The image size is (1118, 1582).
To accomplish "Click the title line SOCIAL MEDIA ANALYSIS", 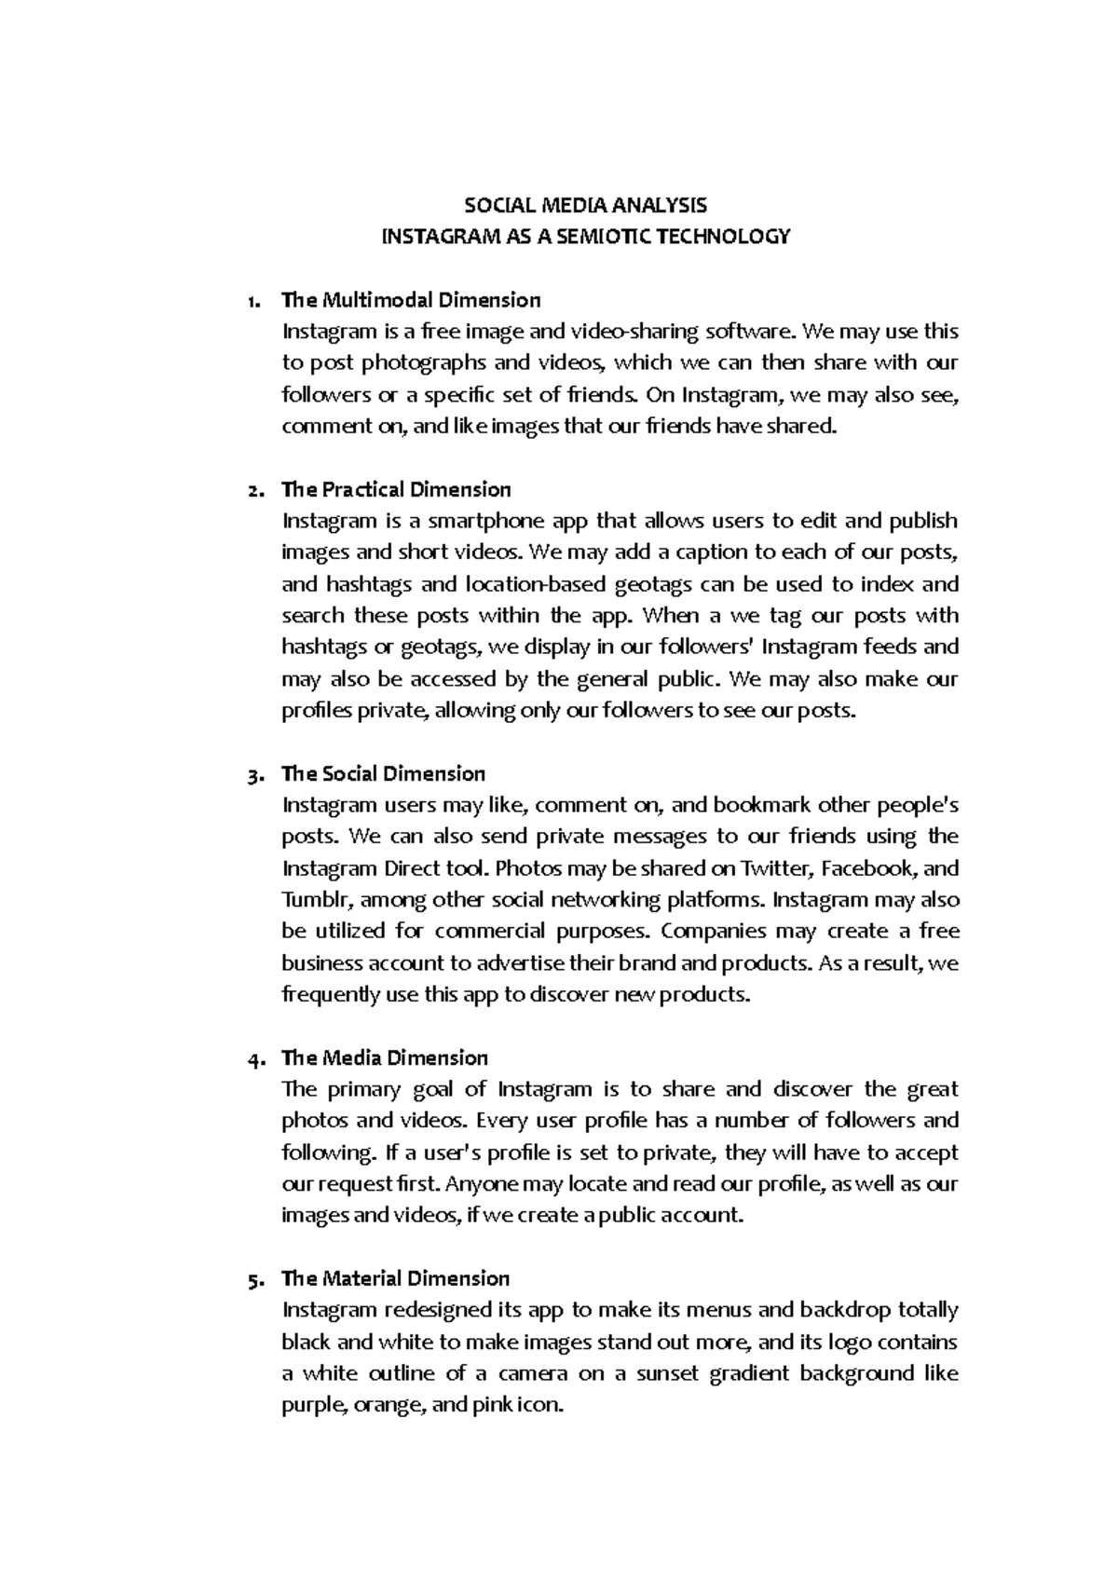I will pos(586,205).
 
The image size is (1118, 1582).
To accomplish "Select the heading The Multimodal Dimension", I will pos(411,300).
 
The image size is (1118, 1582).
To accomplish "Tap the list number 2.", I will pos(255,490).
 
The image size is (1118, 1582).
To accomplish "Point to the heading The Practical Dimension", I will pos(396,490).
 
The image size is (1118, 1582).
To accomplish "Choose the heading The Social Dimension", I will pos(383,774).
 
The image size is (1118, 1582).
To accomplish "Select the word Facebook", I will pos(870,869).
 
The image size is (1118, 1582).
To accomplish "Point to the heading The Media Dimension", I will pos(385,1058).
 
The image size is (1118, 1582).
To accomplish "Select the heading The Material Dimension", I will pos(396,1279).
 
